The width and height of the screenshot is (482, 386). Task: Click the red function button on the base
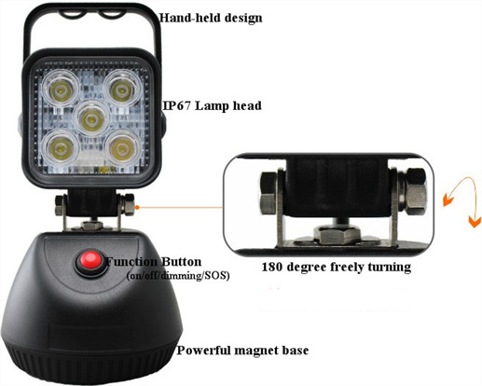(x=90, y=259)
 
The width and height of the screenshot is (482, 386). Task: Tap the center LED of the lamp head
(x=91, y=118)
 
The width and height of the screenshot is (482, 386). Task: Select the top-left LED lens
(x=62, y=89)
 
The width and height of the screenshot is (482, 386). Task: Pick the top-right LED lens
(x=121, y=88)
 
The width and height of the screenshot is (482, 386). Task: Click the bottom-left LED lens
(x=62, y=149)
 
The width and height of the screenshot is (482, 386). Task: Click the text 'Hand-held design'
(x=211, y=19)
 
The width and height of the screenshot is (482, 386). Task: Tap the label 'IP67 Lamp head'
(x=213, y=106)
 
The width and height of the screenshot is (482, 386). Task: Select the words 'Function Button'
(x=154, y=262)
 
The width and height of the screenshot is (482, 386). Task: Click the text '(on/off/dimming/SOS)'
(x=178, y=276)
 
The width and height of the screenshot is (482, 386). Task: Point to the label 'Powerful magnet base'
(x=242, y=351)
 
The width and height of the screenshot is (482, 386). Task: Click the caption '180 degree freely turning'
(x=337, y=267)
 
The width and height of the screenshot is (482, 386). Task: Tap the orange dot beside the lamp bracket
(x=137, y=207)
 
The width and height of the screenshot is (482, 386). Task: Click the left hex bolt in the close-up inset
(x=269, y=193)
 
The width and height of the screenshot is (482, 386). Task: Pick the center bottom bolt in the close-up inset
(x=337, y=234)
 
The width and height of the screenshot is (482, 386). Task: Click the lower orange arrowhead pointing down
(x=475, y=221)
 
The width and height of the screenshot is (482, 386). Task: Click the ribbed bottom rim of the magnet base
(x=90, y=365)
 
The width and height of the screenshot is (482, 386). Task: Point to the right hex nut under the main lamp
(x=128, y=204)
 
